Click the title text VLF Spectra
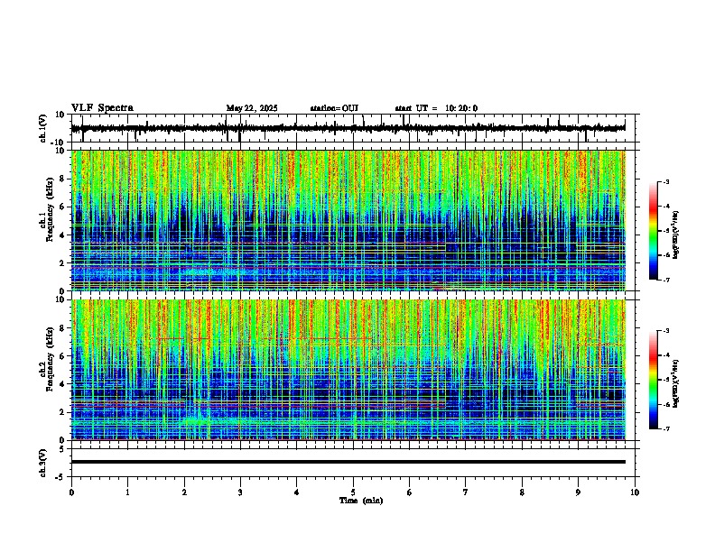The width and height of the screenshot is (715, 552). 102,108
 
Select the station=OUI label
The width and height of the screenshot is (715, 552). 334,108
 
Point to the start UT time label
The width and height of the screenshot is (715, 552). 436,108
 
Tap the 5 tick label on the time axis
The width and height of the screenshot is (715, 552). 353,492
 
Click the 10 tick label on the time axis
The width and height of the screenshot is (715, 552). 635,492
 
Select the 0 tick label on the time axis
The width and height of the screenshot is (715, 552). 71,492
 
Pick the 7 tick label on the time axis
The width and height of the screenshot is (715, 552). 466,492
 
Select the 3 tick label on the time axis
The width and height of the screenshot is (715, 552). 240,492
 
